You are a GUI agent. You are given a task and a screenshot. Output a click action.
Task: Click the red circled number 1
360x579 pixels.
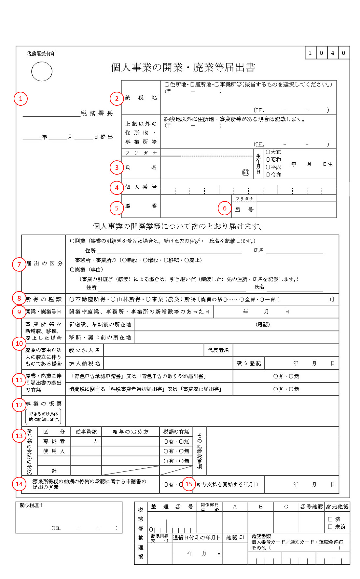pyautogui.click(x=21, y=99)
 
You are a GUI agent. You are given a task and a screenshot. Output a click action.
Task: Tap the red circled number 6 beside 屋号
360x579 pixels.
pyautogui.click(x=225, y=208)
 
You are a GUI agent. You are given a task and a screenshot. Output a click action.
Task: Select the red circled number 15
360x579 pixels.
pyautogui.click(x=189, y=484)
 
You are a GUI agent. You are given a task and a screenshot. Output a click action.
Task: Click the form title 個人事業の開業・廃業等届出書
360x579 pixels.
pyautogui.click(x=183, y=67)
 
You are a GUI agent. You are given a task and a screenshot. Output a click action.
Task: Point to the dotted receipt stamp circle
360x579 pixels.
pyautogui.click(x=42, y=72)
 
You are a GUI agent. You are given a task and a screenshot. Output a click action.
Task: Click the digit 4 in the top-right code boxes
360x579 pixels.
pyautogui.click(x=332, y=53)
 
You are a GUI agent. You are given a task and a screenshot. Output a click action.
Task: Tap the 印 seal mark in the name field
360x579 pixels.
pyautogui.click(x=246, y=172)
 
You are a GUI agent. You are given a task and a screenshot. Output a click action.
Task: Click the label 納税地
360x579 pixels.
pyautogui.click(x=141, y=98)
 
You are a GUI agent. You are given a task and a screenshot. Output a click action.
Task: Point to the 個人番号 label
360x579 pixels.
pyautogui.click(x=141, y=187)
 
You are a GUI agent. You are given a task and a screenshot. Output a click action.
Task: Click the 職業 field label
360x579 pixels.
pyautogui.click(x=141, y=206)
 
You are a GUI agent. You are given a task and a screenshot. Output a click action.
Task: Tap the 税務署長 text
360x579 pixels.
pyautogui.click(x=97, y=114)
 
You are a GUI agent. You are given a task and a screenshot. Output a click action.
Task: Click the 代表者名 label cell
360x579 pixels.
pyautogui.click(x=218, y=350)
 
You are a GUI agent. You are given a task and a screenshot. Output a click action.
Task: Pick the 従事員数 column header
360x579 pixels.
pyautogui.click(x=86, y=432)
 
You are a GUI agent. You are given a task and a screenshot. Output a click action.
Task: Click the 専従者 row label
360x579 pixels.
pyautogui.click(x=54, y=441)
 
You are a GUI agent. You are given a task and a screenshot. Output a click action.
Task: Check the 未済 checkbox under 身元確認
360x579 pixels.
pyautogui.click(x=330, y=527)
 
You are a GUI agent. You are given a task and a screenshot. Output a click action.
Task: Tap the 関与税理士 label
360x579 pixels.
pyautogui.click(x=32, y=505)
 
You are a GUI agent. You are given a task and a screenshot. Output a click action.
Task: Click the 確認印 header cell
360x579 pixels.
pyautogui.click(x=235, y=538)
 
